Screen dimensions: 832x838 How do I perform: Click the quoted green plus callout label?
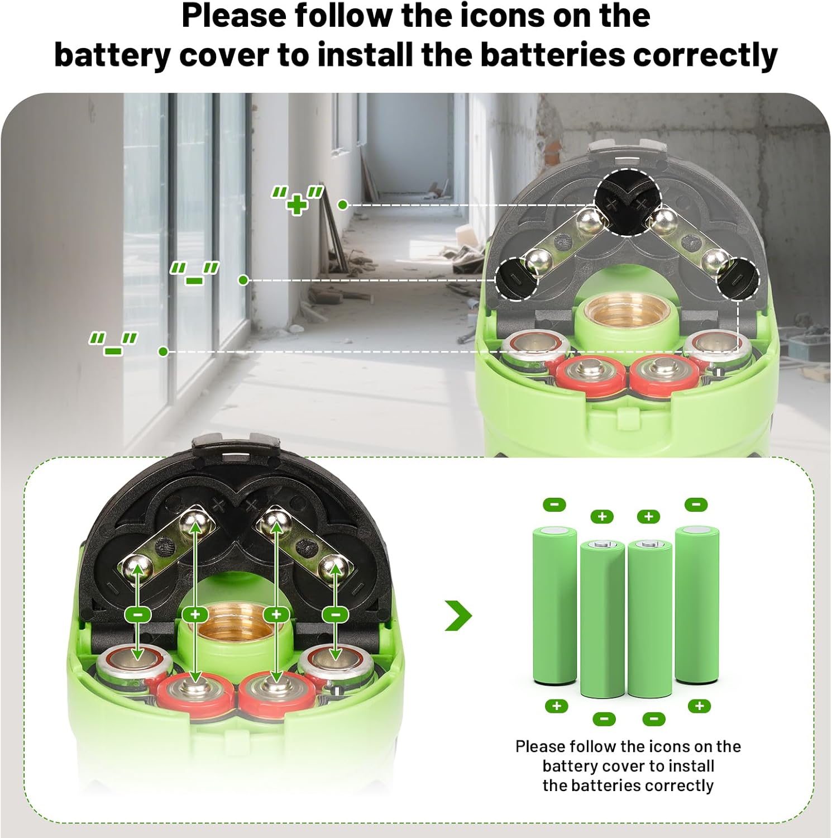click(x=298, y=200)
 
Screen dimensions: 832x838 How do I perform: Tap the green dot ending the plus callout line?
click(x=343, y=205)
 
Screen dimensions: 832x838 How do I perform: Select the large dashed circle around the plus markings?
click(x=627, y=202)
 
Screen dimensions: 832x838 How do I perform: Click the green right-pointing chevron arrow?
click(x=458, y=615)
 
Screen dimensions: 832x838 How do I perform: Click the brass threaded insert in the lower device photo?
click(x=235, y=620)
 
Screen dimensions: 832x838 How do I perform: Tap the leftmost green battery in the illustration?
click(x=554, y=605)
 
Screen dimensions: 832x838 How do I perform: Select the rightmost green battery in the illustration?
click(x=697, y=604)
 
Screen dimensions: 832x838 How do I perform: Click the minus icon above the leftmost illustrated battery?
click(x=554, y=504)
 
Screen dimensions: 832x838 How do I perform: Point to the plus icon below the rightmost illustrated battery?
click(x=699, y=706)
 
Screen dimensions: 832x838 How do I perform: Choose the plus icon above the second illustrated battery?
click(x=602, y=516)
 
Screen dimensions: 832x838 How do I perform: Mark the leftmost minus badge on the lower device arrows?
click(x=138, y=615)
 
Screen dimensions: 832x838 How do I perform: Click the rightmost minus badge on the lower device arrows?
click(x=336, y=615)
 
